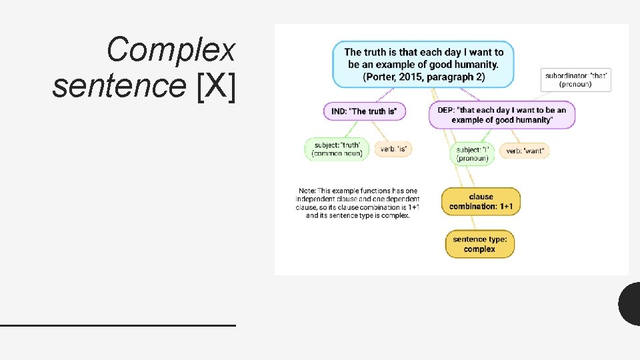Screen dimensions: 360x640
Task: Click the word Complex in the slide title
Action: pos(171,50)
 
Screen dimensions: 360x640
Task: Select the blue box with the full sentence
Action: pos(423,65)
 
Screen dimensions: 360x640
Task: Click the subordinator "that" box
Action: pos(577,79)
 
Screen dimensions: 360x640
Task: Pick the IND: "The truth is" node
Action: pos(364,111)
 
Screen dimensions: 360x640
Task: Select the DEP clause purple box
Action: pos(501,115)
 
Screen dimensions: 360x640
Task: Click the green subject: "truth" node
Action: pos(337,149)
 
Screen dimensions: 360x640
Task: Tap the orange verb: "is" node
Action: pos(393,149)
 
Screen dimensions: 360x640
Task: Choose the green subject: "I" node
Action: pos(472,153)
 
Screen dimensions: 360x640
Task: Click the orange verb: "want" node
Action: pos(524,151)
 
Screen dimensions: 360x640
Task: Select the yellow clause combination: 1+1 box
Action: pos(481,201)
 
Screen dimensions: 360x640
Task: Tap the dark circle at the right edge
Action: pos(631,304)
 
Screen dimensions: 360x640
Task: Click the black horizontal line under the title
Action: pos(117,325)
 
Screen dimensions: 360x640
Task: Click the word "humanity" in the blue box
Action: pos(473,65)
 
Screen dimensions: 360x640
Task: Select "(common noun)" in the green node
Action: pos(337,153)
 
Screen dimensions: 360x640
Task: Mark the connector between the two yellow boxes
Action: pos(480,223)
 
